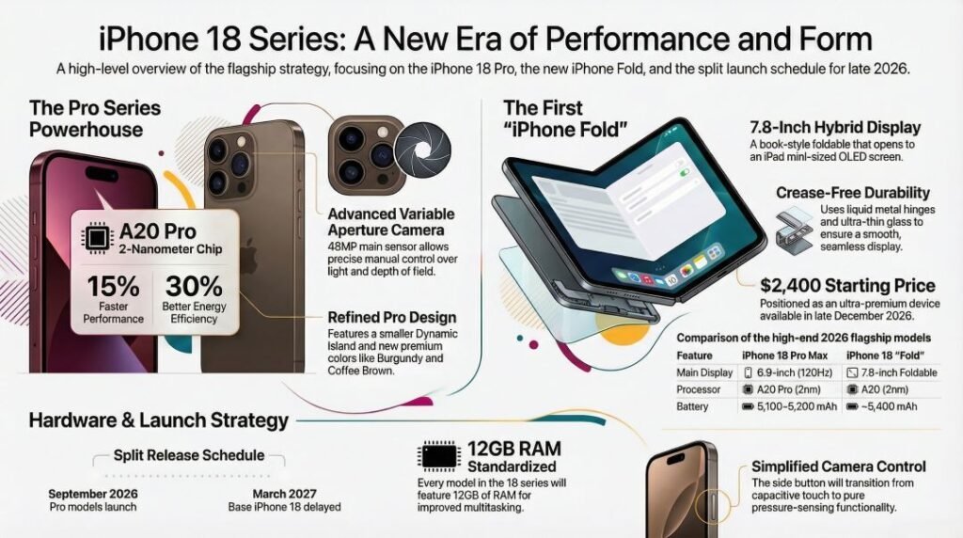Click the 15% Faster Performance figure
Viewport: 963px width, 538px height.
pos(113,286)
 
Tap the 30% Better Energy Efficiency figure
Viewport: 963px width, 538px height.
pos(194,286)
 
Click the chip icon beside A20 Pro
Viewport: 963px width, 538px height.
pos(97,238)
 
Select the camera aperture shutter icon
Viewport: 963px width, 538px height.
pos(422,150)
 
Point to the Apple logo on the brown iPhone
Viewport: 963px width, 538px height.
pos(248,257)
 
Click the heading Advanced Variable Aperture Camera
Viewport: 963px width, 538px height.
pos(391,222)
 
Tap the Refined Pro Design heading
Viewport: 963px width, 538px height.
pos(392,318)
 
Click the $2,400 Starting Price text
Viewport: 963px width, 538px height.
pos(847,286)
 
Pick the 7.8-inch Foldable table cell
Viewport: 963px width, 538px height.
pos(892,372)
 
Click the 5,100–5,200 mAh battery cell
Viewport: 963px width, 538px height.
pos(789,406)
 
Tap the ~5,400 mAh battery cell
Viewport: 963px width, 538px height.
pos(881,406)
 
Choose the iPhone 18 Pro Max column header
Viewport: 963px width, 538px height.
pos(785,356)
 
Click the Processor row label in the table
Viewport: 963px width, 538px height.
pos(699,389)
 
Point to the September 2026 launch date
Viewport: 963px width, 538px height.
pos(93,494)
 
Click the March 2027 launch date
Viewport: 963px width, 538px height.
pos(284,494)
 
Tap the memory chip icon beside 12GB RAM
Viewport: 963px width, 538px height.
pos(438,457)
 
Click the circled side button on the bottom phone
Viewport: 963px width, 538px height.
pos(713,506)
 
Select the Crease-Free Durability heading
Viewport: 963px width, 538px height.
pos(853,193)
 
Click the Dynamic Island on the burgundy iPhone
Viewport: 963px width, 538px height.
pos(102,173)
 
